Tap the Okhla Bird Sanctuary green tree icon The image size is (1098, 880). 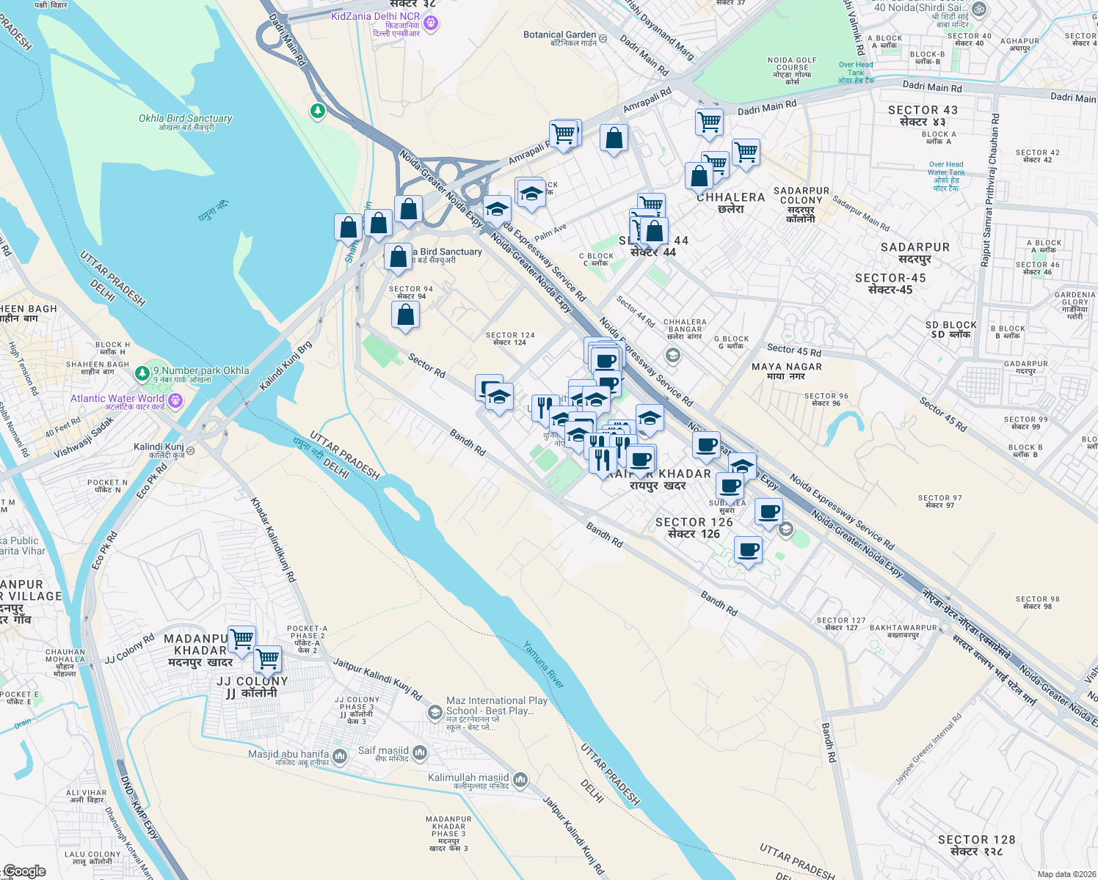pos(318,111)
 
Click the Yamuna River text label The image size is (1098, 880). pos(544,664)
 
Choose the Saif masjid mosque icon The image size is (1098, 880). pos(420,752)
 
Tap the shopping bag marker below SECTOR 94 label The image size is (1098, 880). pos(405,315)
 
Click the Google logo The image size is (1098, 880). pos(25,871)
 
